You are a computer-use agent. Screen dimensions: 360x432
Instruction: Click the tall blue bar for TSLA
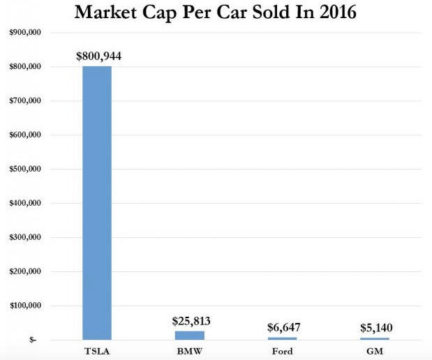click(97, 202)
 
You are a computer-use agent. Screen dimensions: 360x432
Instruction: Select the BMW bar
click(191, 335)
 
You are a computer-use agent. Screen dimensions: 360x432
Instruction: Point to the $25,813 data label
click(191, 321)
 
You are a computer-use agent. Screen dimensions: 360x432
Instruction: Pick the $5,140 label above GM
click(375, 328)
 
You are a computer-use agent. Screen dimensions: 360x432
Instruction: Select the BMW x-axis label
click(191, 351)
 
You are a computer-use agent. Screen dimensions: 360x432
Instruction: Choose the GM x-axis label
click(375, 351)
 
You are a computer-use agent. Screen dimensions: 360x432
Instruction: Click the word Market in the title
click(112, 13)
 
